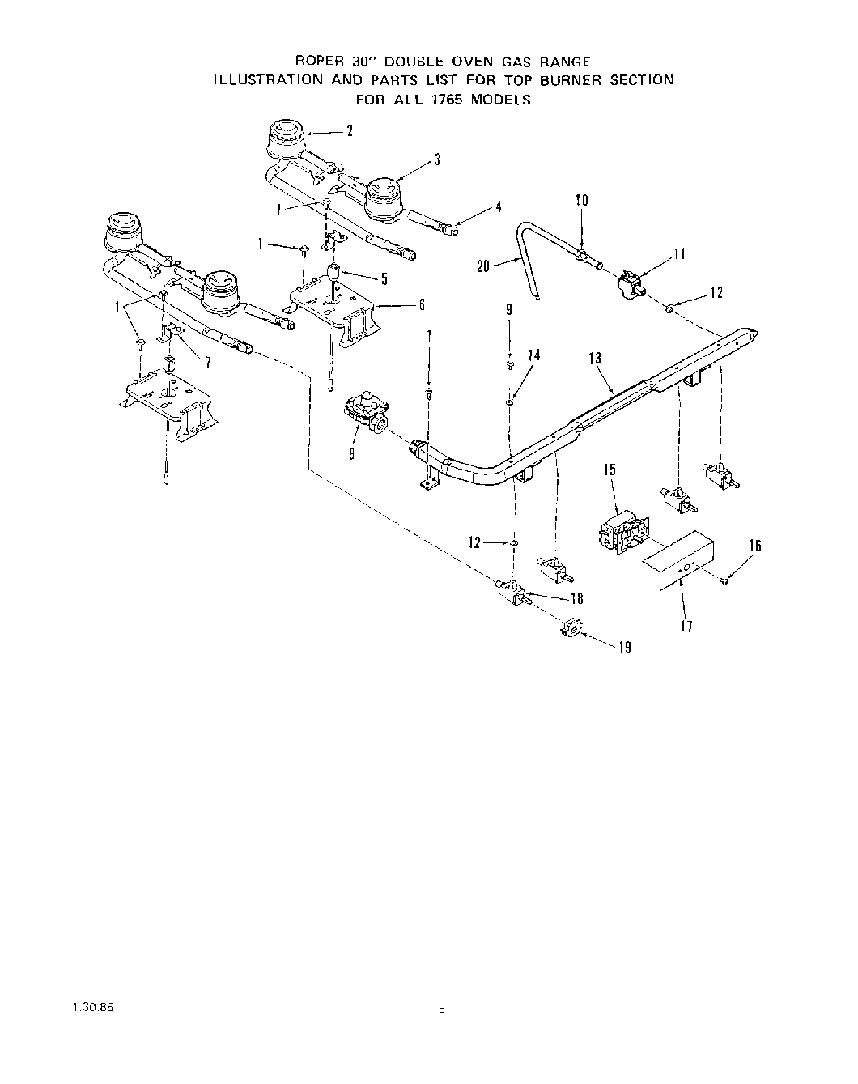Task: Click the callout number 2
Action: pyautogui.click(x=350, y=130)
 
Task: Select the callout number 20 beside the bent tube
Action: pyautogui.click(x=483, y=265)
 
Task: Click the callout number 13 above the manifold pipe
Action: pyautogui.click(x=596, y=358)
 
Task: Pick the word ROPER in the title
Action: pyautogui.click(x=320, y=62)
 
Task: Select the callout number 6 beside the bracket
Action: pyautogui.click(x=421, y=305)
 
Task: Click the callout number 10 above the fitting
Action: pyautogui.click(x=581, y=200)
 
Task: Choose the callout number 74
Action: pyautogui.click(x=533, y=355)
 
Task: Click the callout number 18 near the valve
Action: pyautogui.click(x=576, y=599)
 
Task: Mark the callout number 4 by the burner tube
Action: pyautogui.click(x=499, y=206)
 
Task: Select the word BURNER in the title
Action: pyautogui.click(x=576, y=79)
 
